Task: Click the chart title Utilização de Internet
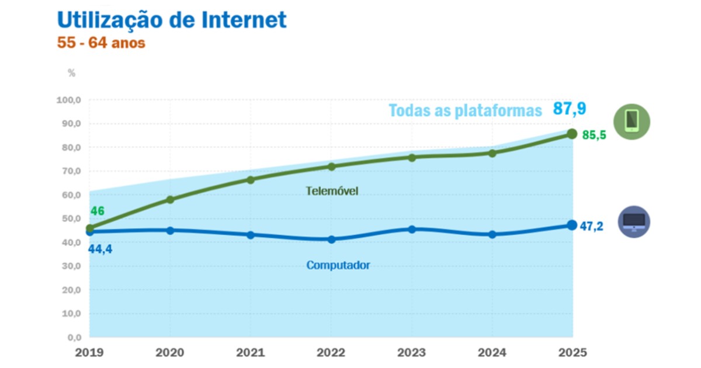pos(172,20)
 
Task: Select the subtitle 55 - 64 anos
pos(101,43)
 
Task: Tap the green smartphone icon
pos(631,121)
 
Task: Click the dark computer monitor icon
pos(634,222)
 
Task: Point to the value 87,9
pos(570,109)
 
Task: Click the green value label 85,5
pos(594,135)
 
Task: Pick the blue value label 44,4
pos(100,251)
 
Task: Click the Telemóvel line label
pos(331,191)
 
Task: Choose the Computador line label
pos(338,265)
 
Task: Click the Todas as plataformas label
pos(465,111)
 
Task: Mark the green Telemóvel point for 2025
pos(572,134)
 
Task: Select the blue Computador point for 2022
pos(331,239)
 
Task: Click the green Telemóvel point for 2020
pos(170,200)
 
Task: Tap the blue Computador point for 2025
pos(572,225)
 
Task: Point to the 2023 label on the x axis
pos(412,353)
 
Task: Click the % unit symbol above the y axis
pos(72,73)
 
